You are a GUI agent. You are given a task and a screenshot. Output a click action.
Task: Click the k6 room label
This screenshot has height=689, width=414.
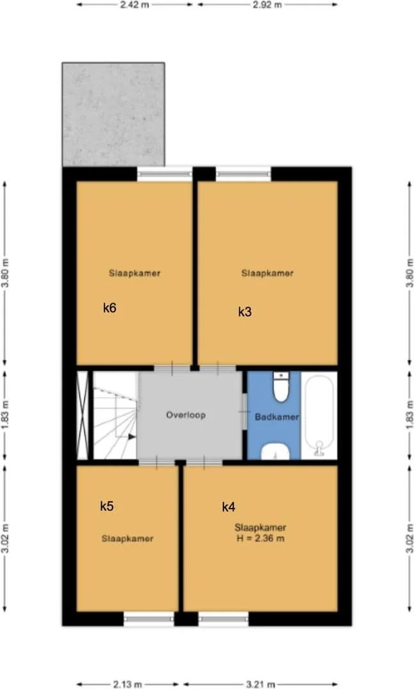109,308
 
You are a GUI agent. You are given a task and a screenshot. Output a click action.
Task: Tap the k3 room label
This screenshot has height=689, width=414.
245,312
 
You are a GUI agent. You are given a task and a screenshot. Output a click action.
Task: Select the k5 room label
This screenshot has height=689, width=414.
107,506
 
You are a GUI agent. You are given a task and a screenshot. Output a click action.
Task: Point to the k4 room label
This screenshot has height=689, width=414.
228,507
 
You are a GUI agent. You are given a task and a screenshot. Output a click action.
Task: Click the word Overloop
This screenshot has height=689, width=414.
186,415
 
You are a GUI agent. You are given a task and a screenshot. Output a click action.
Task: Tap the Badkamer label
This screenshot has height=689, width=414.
277,416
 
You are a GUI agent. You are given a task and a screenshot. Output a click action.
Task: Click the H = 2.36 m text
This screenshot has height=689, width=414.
260,538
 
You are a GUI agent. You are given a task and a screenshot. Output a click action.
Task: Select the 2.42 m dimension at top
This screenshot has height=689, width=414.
134,5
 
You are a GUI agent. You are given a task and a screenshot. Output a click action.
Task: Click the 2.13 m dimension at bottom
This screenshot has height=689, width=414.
127,684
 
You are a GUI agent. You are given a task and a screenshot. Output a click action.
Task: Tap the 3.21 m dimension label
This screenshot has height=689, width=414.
260,684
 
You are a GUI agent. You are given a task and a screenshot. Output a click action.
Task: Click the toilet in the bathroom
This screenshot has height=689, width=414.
280,387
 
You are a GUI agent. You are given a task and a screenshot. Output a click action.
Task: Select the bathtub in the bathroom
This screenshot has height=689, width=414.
319,416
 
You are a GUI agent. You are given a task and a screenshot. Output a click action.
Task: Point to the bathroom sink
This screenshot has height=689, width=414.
275,451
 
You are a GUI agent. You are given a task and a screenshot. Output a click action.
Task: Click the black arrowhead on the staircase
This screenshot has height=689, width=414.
132,437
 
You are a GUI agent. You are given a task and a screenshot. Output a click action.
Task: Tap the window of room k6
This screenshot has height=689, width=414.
165,174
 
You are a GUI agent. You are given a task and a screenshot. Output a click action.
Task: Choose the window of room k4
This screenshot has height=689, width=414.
223,619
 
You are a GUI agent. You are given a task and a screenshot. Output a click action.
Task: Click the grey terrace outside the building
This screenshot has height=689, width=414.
113,115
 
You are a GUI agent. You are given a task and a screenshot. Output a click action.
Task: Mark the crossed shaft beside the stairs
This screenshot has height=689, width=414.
82,416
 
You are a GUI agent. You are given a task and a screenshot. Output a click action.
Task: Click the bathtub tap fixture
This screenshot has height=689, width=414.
319,448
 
